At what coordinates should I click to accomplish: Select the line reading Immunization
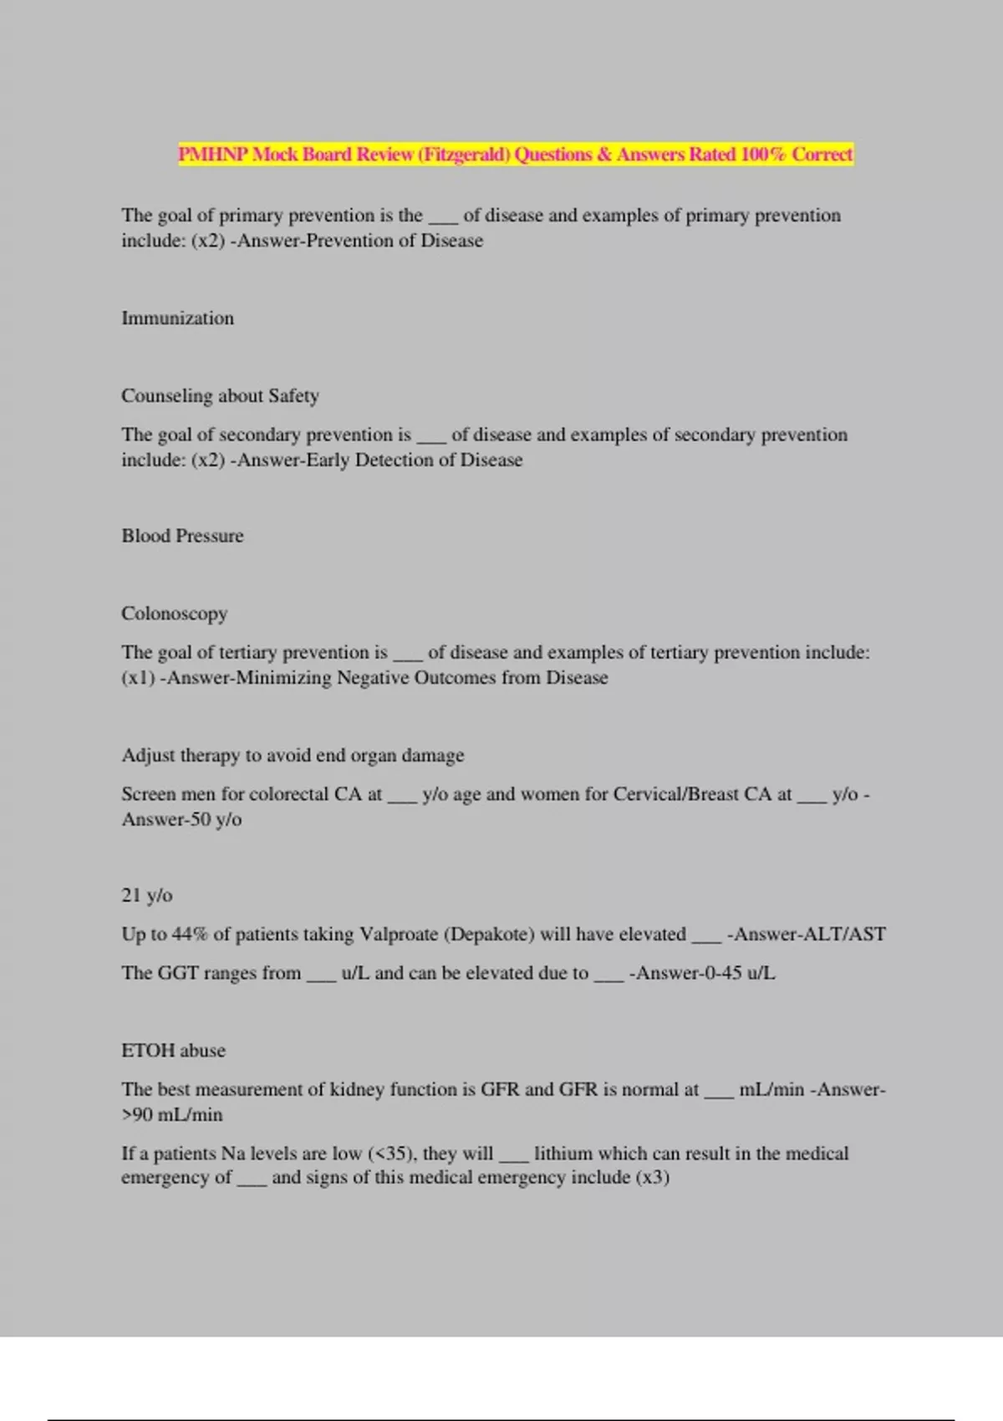177,318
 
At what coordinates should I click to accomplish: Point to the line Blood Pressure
182,536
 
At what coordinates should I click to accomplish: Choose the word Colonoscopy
174,614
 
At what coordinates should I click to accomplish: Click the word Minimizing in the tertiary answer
283,678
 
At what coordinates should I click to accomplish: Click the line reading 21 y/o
147,895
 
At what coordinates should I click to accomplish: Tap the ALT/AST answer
843,935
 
